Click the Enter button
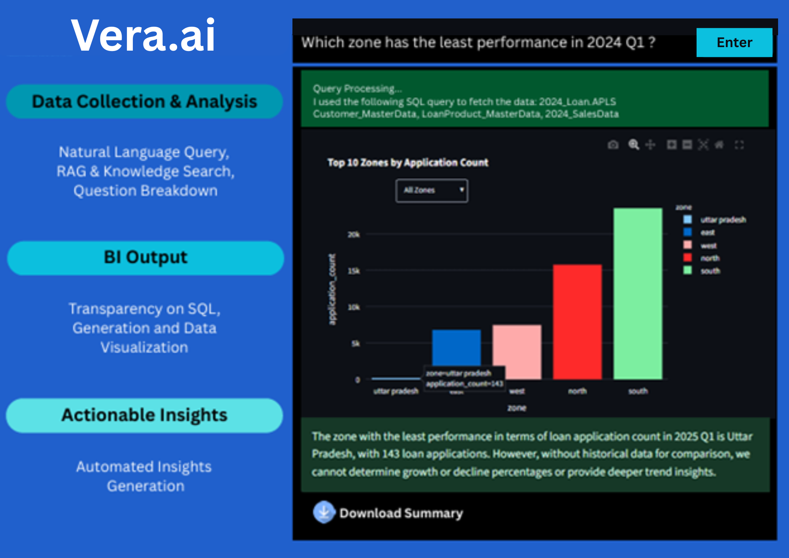tap(734, 43)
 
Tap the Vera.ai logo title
tap(143, 36)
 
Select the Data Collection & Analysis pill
tap(144, 102)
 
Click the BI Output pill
tap(145, 258)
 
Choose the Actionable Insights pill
tap(144, 415)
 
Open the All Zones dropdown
tap(432, 191)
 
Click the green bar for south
tap(638, 294)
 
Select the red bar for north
tap(577, 322)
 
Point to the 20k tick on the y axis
tap(354, 235)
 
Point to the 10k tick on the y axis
tap(354, 307)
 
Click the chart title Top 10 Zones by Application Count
tap(408, 162)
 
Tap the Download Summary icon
tap(324, 512)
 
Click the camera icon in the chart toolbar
tap(613, 145)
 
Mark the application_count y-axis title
tap(332, 289)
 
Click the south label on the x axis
tap(638, 391)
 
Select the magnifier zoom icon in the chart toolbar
tap(633, 145)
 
